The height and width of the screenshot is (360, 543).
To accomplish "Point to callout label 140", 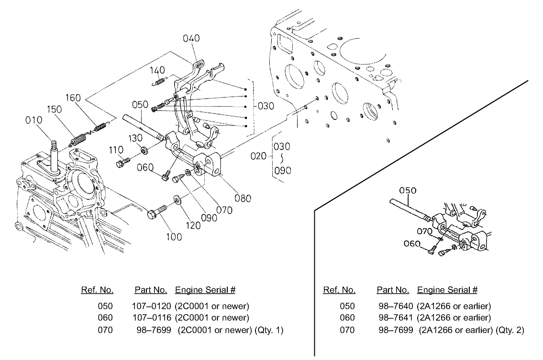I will tap(158, 70).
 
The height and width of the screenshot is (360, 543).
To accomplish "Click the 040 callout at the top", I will tap(191, 38).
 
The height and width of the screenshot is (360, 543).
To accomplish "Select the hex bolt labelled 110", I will tap(122, 163).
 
